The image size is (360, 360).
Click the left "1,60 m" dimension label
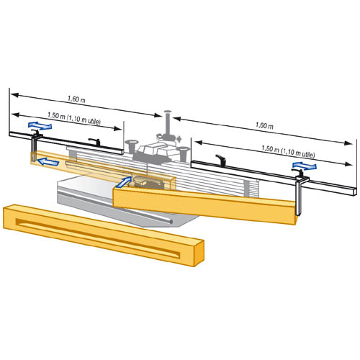pyautogui.click(x=76, y=99)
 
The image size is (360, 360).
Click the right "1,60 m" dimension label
pyautogui.click(x=264, y=125)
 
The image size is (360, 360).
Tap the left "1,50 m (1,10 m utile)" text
pyautogui.click(x=74, y=118)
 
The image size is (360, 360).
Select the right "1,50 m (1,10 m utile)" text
pyautogui.click(x=288, y=151)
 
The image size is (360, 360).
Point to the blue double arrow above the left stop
pyautogui.click(x=40, y=125)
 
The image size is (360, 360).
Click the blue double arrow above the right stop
pyautogui.click(x=305, y=166)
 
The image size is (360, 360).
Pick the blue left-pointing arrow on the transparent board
pyautogui.click(x=48, y=162)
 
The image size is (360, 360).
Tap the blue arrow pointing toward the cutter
pyautogui.click(x=124, y=182)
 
